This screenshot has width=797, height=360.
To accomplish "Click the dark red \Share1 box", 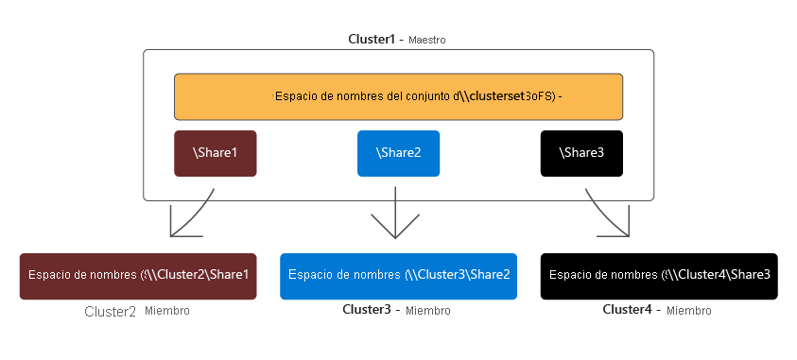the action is click(x=215, y=153).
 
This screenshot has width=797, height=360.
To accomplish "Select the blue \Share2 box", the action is click(x=398, y=153).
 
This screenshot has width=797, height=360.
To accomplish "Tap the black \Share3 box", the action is click(x=581, y=153).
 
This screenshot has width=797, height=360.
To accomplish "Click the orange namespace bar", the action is click(x=398, y=96).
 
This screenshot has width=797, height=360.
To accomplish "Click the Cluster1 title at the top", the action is click(x=373, y=41).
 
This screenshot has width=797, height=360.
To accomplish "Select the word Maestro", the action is click(x=427, y=42).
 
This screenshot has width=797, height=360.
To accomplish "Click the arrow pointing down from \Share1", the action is click(x=189, y=218).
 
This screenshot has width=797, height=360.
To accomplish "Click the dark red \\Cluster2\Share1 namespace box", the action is click(x=138, y=276).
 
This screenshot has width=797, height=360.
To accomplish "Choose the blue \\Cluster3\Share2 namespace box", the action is click(x=398, y=276).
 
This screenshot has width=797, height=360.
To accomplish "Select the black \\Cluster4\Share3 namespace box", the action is click(x=659, y=276).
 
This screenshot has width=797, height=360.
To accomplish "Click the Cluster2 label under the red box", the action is click(x=110, y=311).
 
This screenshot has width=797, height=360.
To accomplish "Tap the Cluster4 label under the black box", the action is click(x=629, y=310).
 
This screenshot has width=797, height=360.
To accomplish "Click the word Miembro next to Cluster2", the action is click(x=167, y=311).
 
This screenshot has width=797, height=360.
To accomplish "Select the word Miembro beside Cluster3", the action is click(x=427, y=311).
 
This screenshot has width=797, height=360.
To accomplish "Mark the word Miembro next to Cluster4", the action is click(x=688, y=311).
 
